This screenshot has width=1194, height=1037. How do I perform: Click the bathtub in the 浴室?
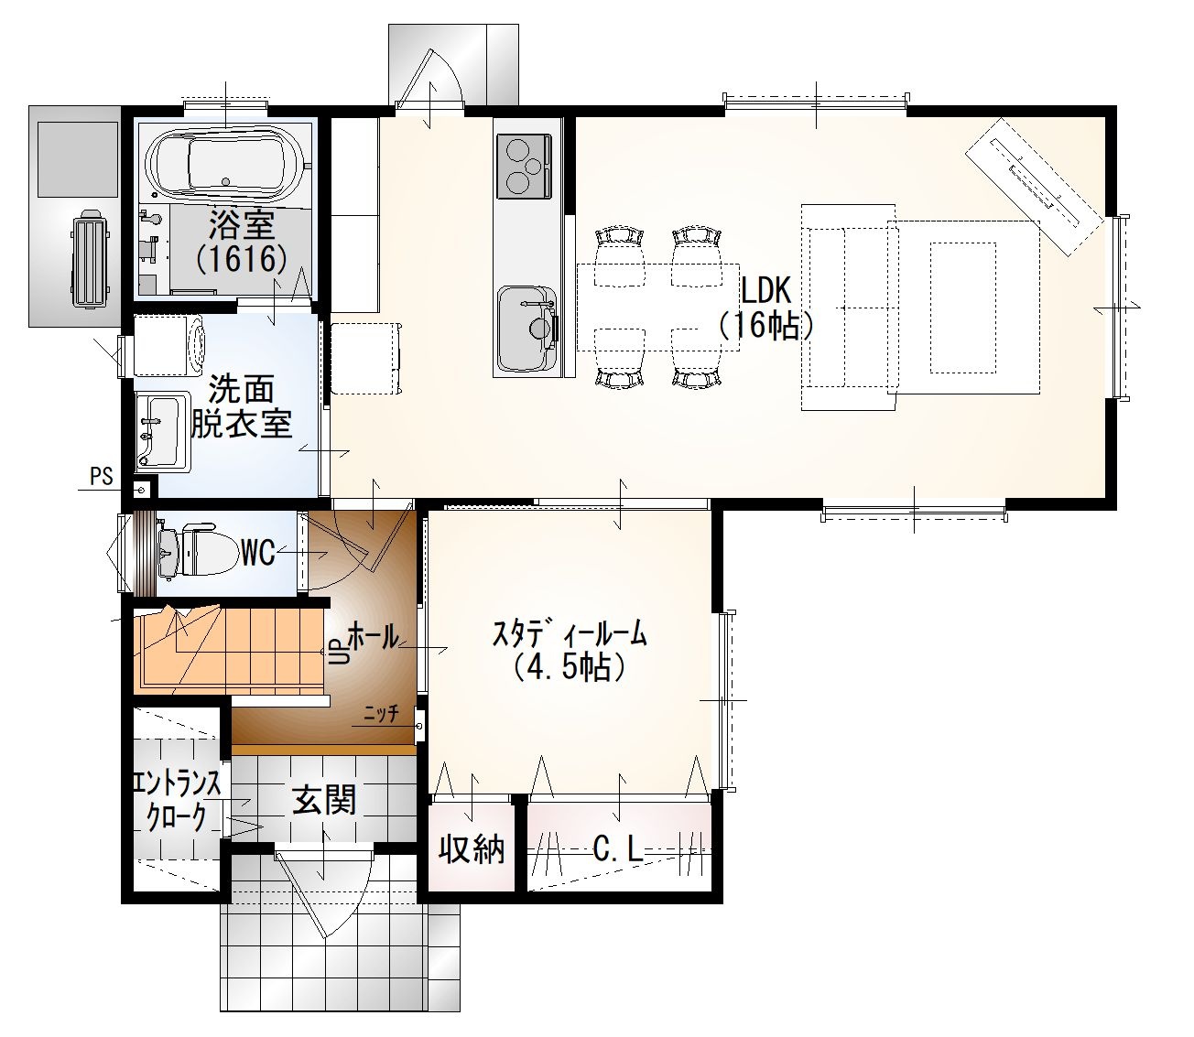pos(224,161)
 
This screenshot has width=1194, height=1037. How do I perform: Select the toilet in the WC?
pos(199,551)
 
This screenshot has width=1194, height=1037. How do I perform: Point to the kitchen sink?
pos(527,329)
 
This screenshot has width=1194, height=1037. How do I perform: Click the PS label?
pos(101,477)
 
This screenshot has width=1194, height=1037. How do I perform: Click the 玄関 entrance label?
pos(324,799)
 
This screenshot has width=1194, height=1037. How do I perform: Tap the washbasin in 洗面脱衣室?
pos(163,432)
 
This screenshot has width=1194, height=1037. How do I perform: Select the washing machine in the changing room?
pos(169,345)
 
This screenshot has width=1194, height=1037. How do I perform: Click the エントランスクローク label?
pos(177,801)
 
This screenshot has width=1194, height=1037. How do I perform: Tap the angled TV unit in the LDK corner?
pos(1035,187)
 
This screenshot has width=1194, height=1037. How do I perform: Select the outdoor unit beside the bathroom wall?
pos(90,258)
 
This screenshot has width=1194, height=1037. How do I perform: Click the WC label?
pos(258,552)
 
